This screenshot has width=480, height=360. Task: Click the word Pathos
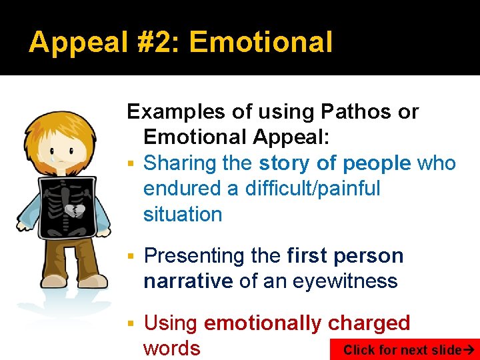click(x=363, y=112)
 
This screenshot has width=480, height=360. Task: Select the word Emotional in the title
click(x=261, y=43)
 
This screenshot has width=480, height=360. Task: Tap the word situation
click(x=182, y=214)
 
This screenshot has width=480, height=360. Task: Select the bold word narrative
click(x=187, y=281)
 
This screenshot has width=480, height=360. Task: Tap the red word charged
click(x=369, y=323)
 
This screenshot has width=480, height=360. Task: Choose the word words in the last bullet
click(x=171, y=348)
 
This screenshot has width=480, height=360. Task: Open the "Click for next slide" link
click(x=407, y=349)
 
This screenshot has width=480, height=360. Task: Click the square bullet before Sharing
click(x=132, y=164)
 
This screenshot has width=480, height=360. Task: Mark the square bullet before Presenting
click(x=132, y=257)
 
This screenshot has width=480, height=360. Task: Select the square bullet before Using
click(x=132, y=324)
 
